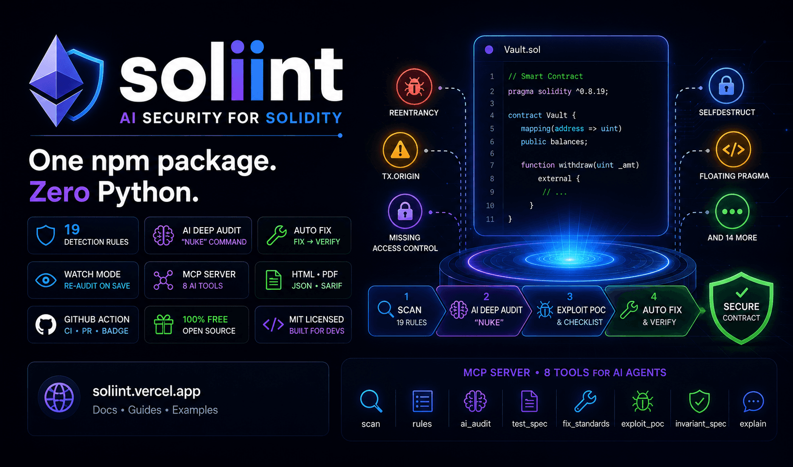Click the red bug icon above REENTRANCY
click(414, 87)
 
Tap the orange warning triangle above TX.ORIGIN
click(401, 150)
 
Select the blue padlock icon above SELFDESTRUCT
click(726, 86)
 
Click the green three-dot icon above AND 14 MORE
click(732, 212)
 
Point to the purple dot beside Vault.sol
click(489, 50)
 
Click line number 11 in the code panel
click(490, 219)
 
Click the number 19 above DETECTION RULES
click(72, 230)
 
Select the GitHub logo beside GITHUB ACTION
click(46, 325)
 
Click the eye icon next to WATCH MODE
click(46, 280)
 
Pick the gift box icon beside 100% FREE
click(163, 324)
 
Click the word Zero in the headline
click(59, 192)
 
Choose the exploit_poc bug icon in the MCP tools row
click(643, 401)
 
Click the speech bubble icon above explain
click(753, 402)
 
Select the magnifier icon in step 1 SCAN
click(386, 309)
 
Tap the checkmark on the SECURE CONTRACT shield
click(742, 292)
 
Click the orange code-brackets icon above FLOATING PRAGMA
click(733, 150)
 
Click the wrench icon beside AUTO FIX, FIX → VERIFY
click(276, 235)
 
